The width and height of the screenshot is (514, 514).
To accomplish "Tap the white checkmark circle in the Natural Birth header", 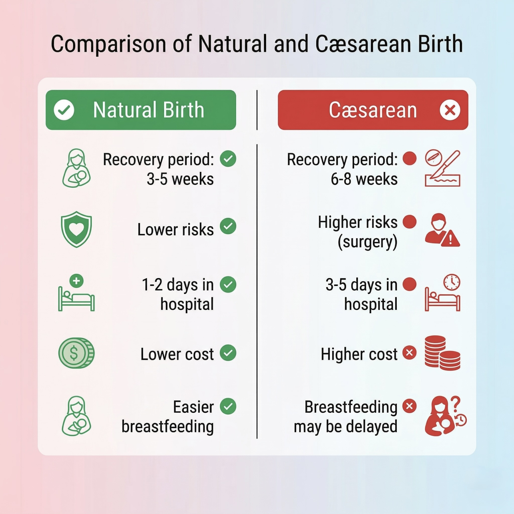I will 64,110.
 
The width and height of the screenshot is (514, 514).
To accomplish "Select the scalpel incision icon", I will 442,168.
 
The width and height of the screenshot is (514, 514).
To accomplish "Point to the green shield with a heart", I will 76,229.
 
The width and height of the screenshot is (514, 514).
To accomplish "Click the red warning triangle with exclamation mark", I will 450,239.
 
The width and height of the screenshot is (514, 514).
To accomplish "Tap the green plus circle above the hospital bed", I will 76,281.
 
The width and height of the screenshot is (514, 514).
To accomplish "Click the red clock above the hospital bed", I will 452,282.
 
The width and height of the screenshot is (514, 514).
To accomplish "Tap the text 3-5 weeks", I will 180,179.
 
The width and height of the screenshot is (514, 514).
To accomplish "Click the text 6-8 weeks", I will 364,179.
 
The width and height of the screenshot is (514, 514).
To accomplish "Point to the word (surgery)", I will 367,242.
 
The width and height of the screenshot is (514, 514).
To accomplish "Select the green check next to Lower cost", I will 228,353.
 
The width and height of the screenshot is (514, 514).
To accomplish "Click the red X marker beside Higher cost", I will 409,353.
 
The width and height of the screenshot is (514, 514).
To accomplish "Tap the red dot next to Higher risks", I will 409,222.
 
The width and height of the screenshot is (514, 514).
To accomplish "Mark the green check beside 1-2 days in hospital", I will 228,284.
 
